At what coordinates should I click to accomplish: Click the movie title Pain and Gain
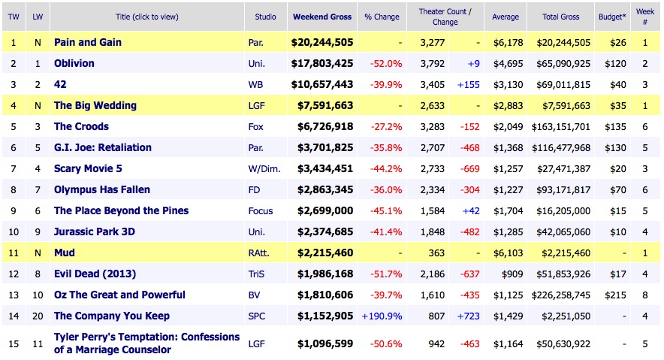87,43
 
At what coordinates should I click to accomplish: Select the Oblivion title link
74,64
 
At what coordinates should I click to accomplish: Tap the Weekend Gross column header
322,17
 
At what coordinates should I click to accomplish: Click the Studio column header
264,17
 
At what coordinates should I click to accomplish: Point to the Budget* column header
610,17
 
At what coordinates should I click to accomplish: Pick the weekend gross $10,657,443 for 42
321,85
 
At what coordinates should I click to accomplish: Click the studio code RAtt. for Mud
259,253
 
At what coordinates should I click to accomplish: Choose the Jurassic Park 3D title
94,232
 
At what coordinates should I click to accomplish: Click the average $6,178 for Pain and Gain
506,43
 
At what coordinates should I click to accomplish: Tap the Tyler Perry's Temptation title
146,343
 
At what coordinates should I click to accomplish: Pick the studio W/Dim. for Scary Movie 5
264,169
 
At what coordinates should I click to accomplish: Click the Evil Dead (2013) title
95,274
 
